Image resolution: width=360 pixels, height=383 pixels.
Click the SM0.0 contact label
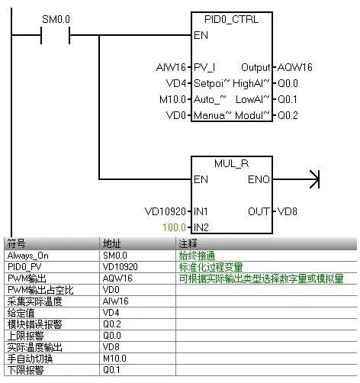(x=55, y=18)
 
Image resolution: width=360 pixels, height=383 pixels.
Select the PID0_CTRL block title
(x=231, y=18)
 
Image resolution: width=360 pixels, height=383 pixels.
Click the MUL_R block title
(x=231, y=162)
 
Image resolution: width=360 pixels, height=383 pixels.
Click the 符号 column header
(x=17, y=243)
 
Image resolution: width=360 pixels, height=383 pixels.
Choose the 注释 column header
(x=186, y=243)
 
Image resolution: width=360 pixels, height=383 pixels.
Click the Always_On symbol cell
(x=27, y=256)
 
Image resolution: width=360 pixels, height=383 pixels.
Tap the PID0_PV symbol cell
(x=24, y=267)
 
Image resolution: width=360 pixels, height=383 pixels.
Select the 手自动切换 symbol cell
(x=28, y=359)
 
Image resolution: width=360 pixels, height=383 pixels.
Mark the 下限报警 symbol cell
(x=25, y=370)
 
